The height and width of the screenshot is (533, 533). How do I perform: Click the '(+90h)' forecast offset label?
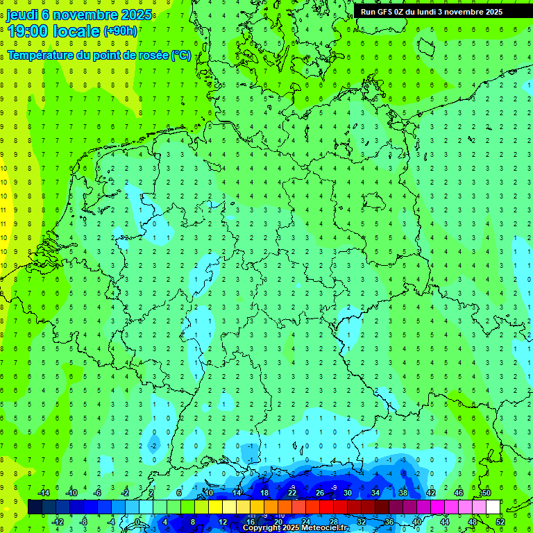121,31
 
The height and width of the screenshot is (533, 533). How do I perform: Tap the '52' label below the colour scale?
500,522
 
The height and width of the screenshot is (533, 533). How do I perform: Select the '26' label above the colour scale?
319,493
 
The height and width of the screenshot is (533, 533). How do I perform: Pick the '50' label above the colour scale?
486,493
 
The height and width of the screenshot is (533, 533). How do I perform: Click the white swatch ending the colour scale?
493,507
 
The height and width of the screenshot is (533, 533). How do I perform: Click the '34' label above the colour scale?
375,493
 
